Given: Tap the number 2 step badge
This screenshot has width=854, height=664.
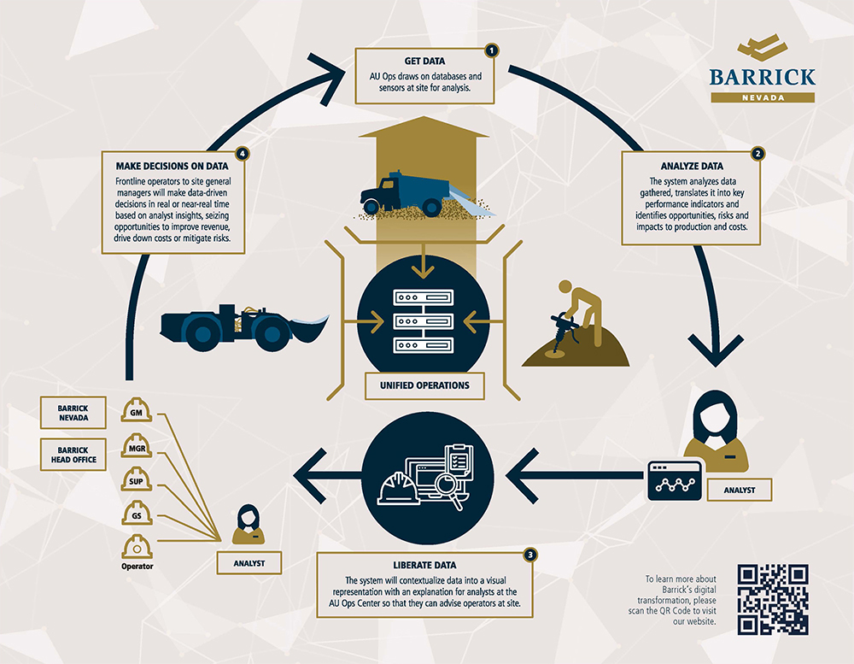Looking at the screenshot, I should pos(757,154).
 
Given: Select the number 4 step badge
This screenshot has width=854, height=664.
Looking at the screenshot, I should pos(243,154).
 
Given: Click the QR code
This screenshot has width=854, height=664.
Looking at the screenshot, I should pos(773,599).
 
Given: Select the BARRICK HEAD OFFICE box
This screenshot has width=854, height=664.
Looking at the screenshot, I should pos(73,453).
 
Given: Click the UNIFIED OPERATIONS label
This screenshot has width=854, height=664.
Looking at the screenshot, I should pos(424,385).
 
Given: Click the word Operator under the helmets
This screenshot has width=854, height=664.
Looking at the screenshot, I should pos(137,566).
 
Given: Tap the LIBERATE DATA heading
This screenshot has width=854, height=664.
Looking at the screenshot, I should pos(424,565).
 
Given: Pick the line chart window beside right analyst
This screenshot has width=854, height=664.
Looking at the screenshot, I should pos(675,481).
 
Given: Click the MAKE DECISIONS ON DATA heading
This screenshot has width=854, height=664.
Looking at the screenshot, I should pos(171,167).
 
